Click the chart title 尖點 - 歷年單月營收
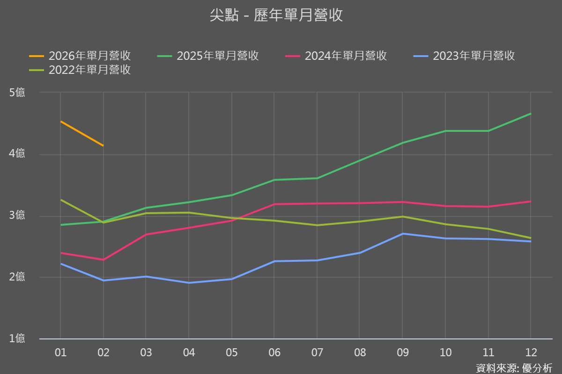coord(276,15)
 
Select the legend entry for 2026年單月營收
coord(80,56)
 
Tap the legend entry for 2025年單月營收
coord(208,56)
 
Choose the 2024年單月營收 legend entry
coord(336,56)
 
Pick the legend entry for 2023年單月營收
coord(465,56)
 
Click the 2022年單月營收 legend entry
coord(80,70)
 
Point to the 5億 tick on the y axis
coord(17,93)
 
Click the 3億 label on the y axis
coord(17,216)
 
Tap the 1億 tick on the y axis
coord(17,339)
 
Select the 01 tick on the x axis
coord(60,352)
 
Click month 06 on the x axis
coord(274,352)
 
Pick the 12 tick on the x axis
coord(531,352)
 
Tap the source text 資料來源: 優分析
coord(514,367)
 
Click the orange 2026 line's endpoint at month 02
coord(103,146)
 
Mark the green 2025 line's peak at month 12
coord(531,114)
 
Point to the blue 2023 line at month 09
coord(402,233)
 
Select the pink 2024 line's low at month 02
coord(103,259)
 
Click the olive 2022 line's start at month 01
coord(60,200)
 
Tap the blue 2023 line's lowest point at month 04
coord(189,283)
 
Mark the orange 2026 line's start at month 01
coord(60,122)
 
